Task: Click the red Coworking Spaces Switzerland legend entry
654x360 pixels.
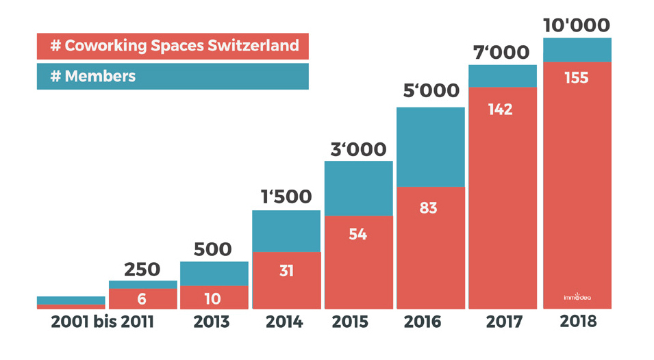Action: pos(173,46)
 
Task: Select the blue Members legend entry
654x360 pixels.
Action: pos(173,76)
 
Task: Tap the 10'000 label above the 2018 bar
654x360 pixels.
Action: pos(577,25)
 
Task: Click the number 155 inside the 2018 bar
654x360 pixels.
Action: pos(577,78)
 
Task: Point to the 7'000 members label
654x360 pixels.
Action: pos(502,53)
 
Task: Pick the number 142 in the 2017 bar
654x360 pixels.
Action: pos(501,110)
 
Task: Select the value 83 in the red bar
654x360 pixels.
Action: pos(429,208)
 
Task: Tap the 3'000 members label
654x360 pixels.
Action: pos(358,149)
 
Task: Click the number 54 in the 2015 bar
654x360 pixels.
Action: pos(357,235)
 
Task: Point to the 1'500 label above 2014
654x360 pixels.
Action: pos(286,197)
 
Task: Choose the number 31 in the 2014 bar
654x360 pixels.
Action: pos(286,271)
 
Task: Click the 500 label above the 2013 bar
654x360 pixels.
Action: pos(214,249)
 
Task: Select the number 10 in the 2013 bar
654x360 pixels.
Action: pos(214,298)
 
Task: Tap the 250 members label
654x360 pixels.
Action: pos(142,269)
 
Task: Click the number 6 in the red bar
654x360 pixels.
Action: pos(142,299)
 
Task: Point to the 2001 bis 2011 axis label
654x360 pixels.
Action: pos(103,322)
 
